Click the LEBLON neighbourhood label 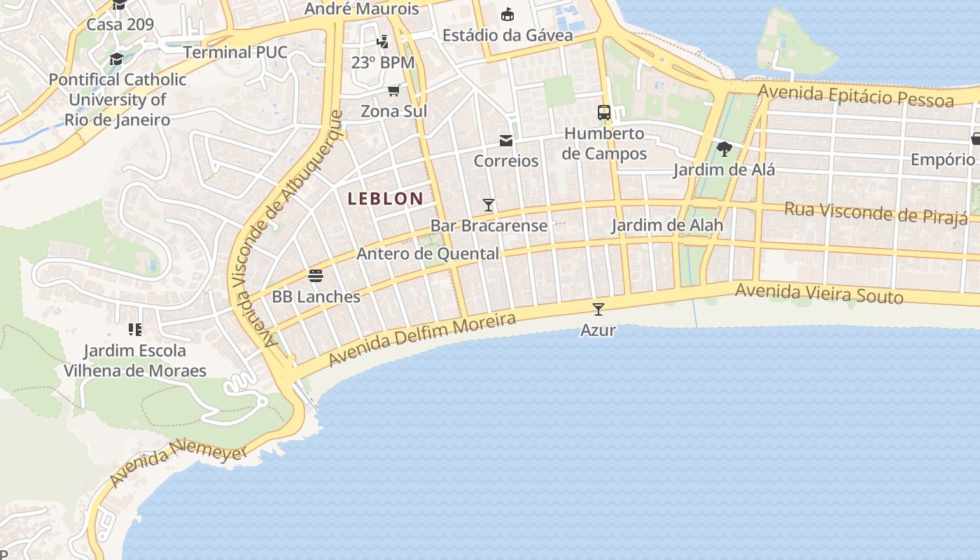click(386, 199)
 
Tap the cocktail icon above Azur click(598, 309)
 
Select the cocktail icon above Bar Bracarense click(489, 205)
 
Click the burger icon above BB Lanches click(316, 275)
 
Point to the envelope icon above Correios click(506, 141)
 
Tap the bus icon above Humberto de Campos click(603, 112)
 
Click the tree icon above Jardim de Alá click(724, 148)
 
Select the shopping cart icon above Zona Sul click(394, 90)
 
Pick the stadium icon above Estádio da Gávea click(507, 14)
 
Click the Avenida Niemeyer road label click(179, 462)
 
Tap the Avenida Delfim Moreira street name click(422, 339)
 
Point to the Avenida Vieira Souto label click(819, 294)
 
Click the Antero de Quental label click(428, 254)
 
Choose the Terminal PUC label click(235, 52)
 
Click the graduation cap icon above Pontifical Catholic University click(116, 59)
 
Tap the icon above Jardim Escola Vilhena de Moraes click(135, 329)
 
